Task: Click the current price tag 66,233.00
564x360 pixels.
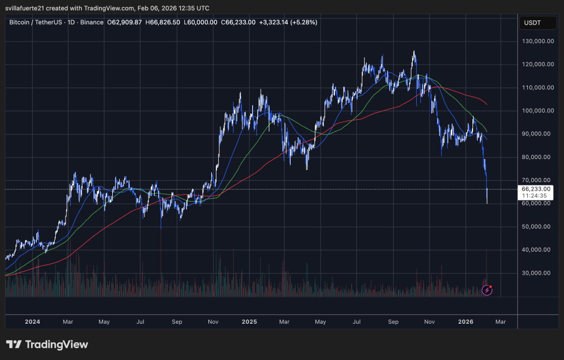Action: coord(536,188)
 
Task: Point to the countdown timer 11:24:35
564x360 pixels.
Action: coord(535,196)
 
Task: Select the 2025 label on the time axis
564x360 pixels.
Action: coord(250,322)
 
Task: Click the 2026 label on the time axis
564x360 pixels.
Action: coord(466,322)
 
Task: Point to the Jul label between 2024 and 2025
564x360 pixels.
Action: coord(140,322)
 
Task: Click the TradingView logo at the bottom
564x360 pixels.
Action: coord(47,344)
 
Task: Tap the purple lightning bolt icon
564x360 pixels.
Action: coord(487,290)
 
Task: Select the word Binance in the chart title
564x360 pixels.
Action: coord(92,22)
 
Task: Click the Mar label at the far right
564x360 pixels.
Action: coord(500,322)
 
